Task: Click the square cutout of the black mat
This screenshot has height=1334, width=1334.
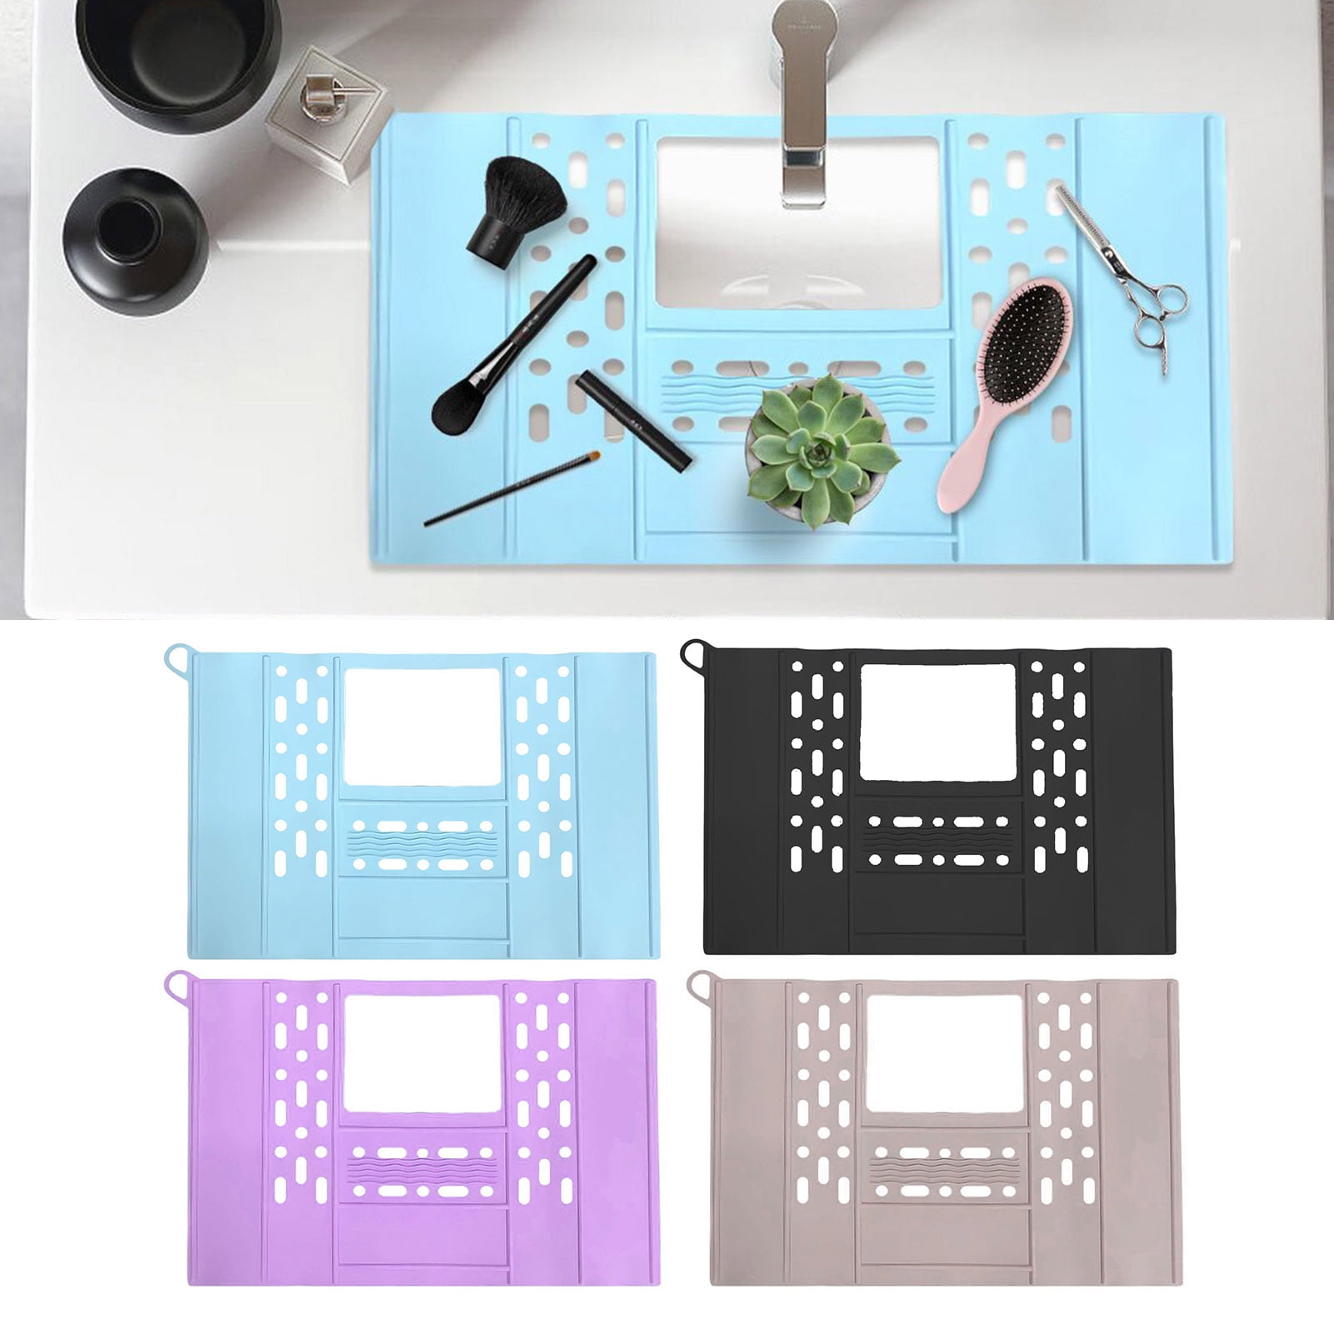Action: (x=937, y=722)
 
